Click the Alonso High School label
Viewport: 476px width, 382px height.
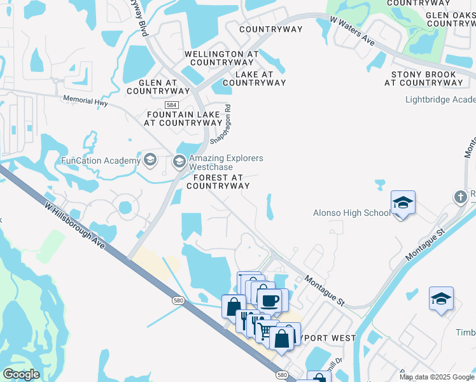tap(351, 213)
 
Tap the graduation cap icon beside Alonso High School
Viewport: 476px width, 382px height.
tap(403, 204)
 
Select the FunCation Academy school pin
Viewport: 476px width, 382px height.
tap(150, 160)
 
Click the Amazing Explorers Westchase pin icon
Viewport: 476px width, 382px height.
tap(179, 162)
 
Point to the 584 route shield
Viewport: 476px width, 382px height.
tap(171, 104)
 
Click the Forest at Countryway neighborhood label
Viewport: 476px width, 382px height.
tap(218, 181)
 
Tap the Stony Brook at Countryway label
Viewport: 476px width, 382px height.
tap(423, 78)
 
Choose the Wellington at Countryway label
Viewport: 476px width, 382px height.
tap(221, 58)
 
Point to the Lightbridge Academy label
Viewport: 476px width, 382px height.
tap(440, 99)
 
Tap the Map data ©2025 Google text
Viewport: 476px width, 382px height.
tap(437, 377)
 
